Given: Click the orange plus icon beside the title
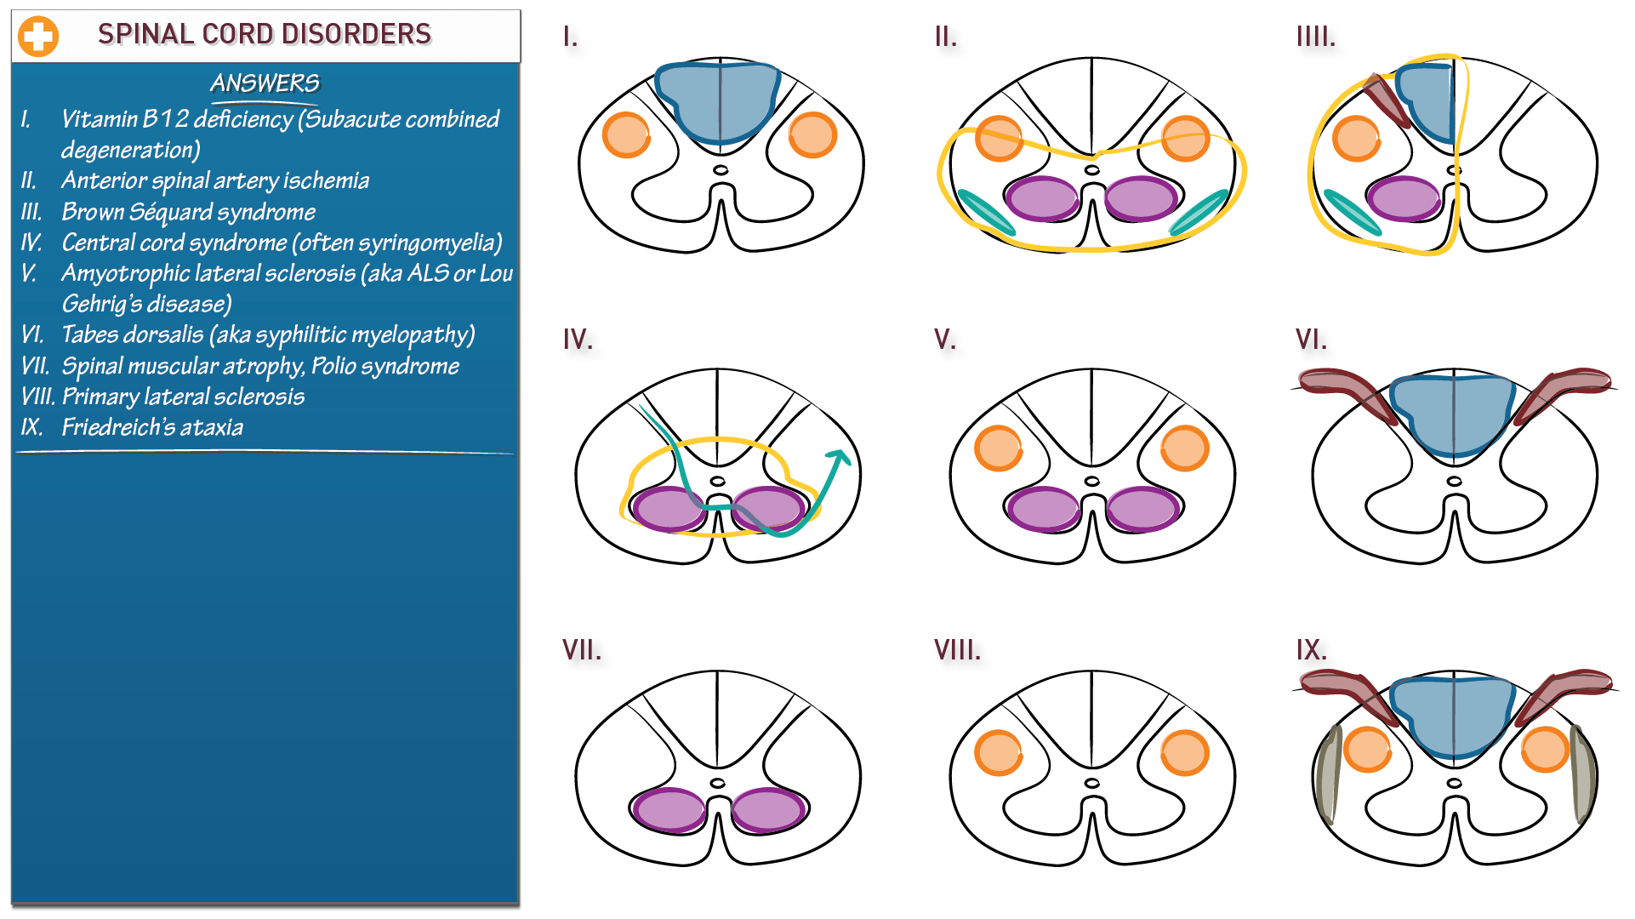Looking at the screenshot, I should pos(38,37).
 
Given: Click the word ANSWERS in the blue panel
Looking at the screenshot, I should pos(265,83).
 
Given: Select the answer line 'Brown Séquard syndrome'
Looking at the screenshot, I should pos(188,212).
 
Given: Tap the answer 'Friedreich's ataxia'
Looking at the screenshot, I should pos(152,427).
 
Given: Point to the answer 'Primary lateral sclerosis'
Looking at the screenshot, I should pos(183,397).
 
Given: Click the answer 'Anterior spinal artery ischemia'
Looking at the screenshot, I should pos(215,180).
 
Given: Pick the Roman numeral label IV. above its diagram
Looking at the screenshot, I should pos(578,340).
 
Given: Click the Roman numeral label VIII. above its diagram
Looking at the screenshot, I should pos(957,651).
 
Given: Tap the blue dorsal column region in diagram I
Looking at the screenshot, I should pos(719,100).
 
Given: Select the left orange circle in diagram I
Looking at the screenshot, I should pos(626,135).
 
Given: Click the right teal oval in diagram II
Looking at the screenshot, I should pos(1199,212).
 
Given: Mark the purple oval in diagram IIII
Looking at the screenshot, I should pos(1404,199).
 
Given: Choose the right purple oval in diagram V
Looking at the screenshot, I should pos(1142,509).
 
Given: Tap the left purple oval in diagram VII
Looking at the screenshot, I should pos(669,810).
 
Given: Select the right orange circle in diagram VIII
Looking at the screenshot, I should pos(1184,753).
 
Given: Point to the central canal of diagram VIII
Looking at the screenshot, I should pos(1092,783).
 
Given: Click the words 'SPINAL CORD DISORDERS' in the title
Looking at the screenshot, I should pos(265,34).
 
